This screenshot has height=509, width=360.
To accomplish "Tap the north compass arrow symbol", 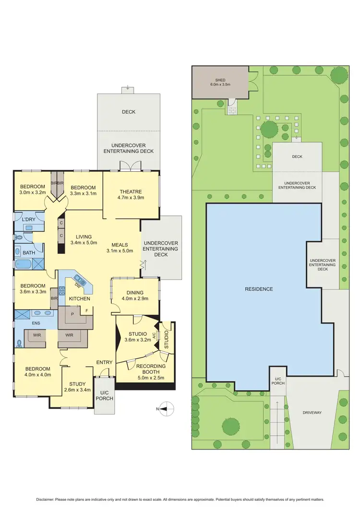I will point(165,409).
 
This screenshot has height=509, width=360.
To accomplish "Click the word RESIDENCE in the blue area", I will point(259,289).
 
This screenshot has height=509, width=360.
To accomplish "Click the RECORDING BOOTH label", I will point(151,366).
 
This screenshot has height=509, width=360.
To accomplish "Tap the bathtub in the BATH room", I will point(24,264).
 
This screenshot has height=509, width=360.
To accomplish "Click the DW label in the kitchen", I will point(77,286).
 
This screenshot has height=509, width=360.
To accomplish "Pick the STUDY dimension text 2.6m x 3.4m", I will point(77,390).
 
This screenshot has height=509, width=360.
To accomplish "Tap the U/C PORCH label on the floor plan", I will point(104,396).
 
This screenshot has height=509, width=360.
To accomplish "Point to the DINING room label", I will point(135,293).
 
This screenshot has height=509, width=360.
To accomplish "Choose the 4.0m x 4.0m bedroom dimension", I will point(38,375).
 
